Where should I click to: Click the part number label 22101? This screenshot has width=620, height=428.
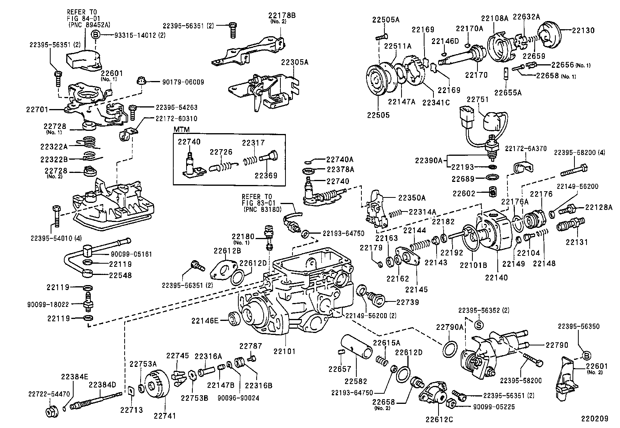(284, 351)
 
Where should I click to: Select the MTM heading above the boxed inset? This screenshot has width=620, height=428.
(180, 130)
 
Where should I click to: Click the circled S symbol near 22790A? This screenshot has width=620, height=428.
(479, 325)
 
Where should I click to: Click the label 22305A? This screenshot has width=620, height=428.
(295, 62)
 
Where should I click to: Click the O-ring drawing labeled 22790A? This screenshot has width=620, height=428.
(450, 348)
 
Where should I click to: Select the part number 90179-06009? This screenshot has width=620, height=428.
(183, 82)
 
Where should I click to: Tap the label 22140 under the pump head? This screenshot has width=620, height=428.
(496, 277)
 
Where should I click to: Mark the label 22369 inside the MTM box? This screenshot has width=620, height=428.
(266, 175)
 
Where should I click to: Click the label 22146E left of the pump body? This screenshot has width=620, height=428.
(205, 321)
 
